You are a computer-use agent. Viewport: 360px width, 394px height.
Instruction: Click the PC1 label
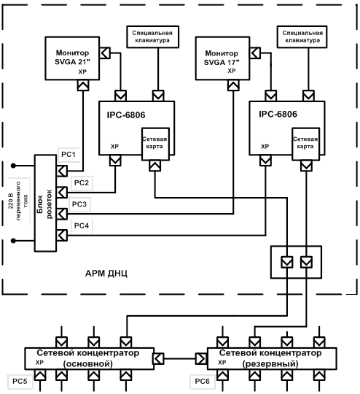click(69, 154)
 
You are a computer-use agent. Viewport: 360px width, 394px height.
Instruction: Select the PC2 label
click(82, 182)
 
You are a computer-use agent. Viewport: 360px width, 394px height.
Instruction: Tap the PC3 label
click(79, 204)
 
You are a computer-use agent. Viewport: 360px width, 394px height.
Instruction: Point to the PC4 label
click(82, 225)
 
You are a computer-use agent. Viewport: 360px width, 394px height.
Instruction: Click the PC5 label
click(20, 381)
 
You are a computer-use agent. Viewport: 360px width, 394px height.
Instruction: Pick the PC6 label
click(202, 381)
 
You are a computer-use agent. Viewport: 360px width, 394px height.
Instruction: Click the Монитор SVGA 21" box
click(72, 58)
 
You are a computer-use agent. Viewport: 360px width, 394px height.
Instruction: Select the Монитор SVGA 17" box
click(222, 58)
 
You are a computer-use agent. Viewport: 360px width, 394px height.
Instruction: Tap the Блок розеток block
click(45, 203)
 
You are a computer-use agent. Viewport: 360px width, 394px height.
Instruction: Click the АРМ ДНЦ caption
click(106, 274)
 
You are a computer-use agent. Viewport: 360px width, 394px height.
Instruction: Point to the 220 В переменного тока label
click(18, 201)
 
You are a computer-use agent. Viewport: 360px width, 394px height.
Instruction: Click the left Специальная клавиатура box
click(152, 36)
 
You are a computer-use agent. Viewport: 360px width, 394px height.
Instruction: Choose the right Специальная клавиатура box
click(302, 36)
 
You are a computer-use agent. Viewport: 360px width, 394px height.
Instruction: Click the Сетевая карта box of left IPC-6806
click(155, 144)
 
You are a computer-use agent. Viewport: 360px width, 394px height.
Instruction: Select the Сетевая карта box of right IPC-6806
click(305, 144)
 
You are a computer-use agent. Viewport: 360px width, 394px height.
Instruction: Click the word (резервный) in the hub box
click(270, 364)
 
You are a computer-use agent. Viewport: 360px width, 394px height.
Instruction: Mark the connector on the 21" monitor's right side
click(105, 53)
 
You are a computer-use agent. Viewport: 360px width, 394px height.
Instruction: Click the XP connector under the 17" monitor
click(233, 85)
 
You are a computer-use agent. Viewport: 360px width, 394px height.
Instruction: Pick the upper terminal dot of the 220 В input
click(13, 166)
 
